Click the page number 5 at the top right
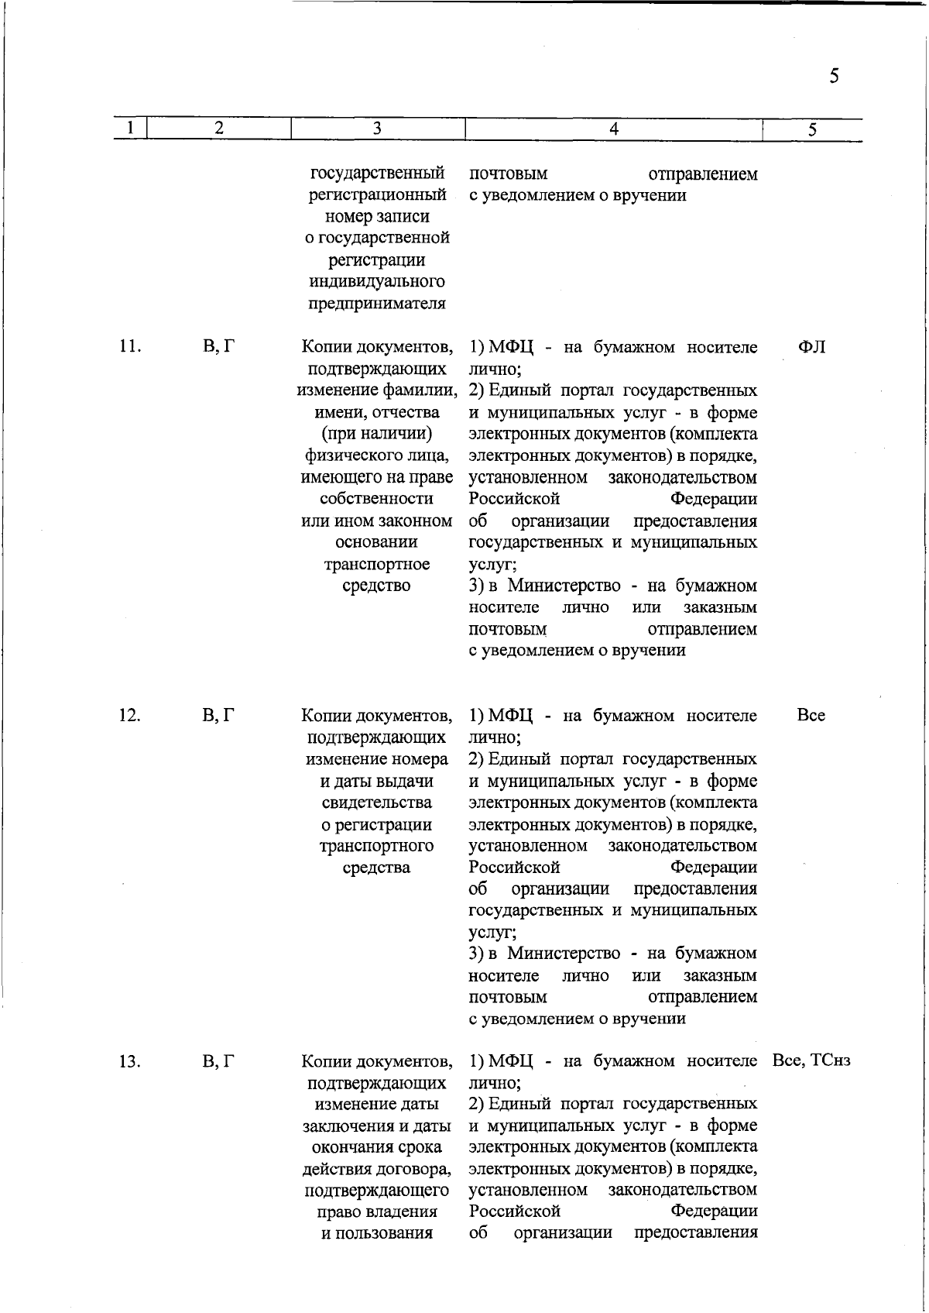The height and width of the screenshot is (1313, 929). pyautogui.click(x=834, y=76)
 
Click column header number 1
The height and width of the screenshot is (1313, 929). pyautogui.click(x=132, y=129)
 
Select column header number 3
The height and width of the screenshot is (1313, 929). pyautogui.click(x=377, y=129)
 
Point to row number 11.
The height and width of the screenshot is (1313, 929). pyautogui.click(x=129, y=347)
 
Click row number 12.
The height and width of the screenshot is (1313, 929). pyautogui.click(x=129, y=716)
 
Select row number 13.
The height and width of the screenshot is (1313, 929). pyautogui.click(x=129, y=1061)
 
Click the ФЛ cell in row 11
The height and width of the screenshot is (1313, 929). pyautogui.click(x=811, y=347)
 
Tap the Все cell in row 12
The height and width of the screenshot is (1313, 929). pyautogui.click(x=811, y=716)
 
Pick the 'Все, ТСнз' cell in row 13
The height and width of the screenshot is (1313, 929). pyautogui.click(x=811, y=1061)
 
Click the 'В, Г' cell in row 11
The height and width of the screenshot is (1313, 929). pyautogui.click(x=219, y=347)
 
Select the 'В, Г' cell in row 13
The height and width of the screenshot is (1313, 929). pyautogui.click(x=219, y=1061)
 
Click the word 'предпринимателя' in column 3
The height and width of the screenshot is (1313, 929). pyautogui.click(x=377, y=303)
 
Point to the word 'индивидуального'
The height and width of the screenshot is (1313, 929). pyautogui.click(x=377, y=281)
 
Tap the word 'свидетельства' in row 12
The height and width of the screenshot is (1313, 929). pyautogui.click(x=377, y=803)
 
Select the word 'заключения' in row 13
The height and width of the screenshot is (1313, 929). pyautogui.click(x=341, y=1126)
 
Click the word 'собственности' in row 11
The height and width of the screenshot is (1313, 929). pyautogui.click(x=377, y=499)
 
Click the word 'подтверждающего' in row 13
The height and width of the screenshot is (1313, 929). pyautogui.click(x=377, y=1190)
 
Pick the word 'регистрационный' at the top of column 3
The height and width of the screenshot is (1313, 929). pyautogui.click(x=377, y=195)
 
